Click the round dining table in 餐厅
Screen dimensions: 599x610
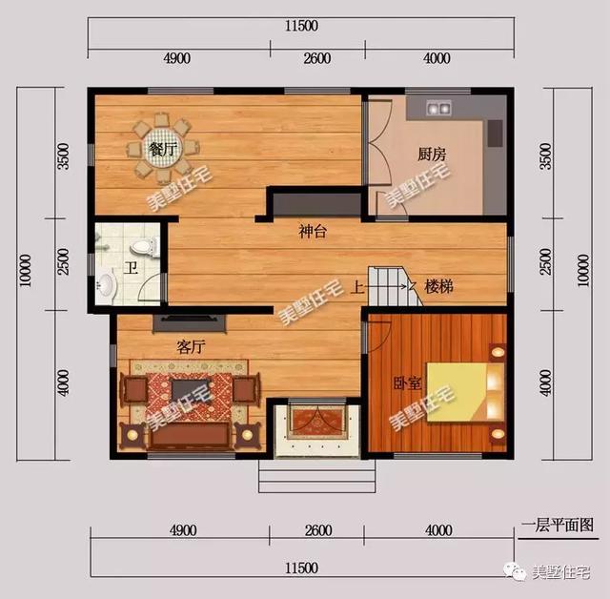[168, 148]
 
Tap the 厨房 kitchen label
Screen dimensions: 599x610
[431, 154]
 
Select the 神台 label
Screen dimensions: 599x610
[313, 232]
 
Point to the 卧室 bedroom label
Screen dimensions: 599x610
[407, 383]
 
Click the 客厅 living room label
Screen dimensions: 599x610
[191, 348]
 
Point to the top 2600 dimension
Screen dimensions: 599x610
[317, 58]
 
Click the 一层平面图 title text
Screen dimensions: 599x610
[558, 525]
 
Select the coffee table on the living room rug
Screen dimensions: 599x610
[192, 389]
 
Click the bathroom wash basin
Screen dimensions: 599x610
[107, 284]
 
